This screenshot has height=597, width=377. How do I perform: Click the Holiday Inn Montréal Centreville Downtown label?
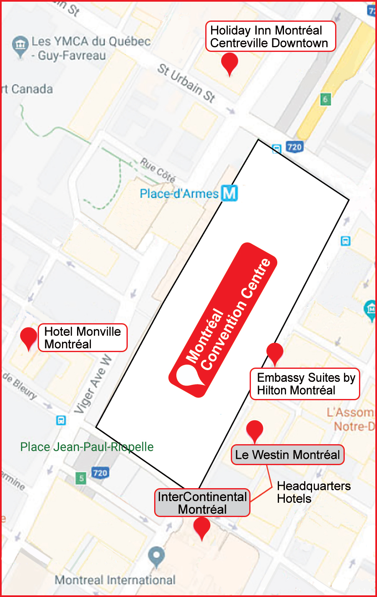270,36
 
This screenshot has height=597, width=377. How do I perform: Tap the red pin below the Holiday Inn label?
230,63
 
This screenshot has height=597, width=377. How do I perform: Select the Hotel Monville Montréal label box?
83,337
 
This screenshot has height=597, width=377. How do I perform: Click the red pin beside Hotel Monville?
29,337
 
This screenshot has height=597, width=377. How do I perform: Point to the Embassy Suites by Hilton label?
305,384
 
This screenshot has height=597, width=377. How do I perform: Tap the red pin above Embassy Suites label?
275,353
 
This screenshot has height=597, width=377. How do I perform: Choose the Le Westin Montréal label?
287,455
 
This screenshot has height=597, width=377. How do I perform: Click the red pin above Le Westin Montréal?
255,430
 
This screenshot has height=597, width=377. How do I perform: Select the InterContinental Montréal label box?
202,503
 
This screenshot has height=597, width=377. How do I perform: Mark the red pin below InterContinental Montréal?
202,527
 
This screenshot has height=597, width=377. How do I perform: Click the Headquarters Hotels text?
314,492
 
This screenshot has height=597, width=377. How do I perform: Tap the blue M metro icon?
230,193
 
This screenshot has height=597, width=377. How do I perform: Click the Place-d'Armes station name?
179,194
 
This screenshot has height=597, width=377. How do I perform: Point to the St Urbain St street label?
186,83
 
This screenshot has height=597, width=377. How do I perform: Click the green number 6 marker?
325,99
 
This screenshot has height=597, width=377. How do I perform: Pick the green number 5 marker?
81,478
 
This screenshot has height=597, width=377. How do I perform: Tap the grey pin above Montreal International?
156,556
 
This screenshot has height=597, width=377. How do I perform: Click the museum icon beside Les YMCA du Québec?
20,44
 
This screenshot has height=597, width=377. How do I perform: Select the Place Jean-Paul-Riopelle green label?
87,447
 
